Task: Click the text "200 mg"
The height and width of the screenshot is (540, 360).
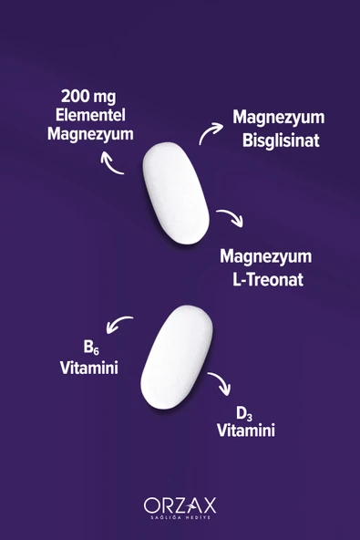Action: point(88,97)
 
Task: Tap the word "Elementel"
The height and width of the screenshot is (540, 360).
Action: point(90,115)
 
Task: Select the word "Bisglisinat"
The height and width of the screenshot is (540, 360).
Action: point(281,140)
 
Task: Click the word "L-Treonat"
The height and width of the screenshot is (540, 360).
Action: point(268,280)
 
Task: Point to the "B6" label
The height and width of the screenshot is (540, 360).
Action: point(91,348)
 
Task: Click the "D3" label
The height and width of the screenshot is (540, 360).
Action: point(244,414)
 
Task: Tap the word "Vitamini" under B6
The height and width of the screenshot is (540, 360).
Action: point(89,368)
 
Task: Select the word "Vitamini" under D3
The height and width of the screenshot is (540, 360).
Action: point(246,431)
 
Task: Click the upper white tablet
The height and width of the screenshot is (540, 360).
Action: point(176,193)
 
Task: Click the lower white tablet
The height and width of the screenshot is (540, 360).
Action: point(177,358)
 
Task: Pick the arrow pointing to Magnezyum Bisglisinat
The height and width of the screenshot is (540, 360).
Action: point(210,131)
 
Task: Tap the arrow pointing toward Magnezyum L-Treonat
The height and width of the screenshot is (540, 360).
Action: point(231,216)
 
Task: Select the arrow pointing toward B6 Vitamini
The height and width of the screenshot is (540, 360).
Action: point(118,323)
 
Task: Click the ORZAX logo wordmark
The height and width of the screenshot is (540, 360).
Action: point(180,505)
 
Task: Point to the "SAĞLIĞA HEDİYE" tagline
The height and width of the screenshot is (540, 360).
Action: point(180,517)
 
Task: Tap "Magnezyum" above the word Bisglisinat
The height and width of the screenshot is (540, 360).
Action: point(279,119)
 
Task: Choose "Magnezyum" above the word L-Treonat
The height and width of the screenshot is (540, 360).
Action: point(266,257)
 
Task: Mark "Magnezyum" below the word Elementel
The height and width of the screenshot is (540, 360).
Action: point(90,134)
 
